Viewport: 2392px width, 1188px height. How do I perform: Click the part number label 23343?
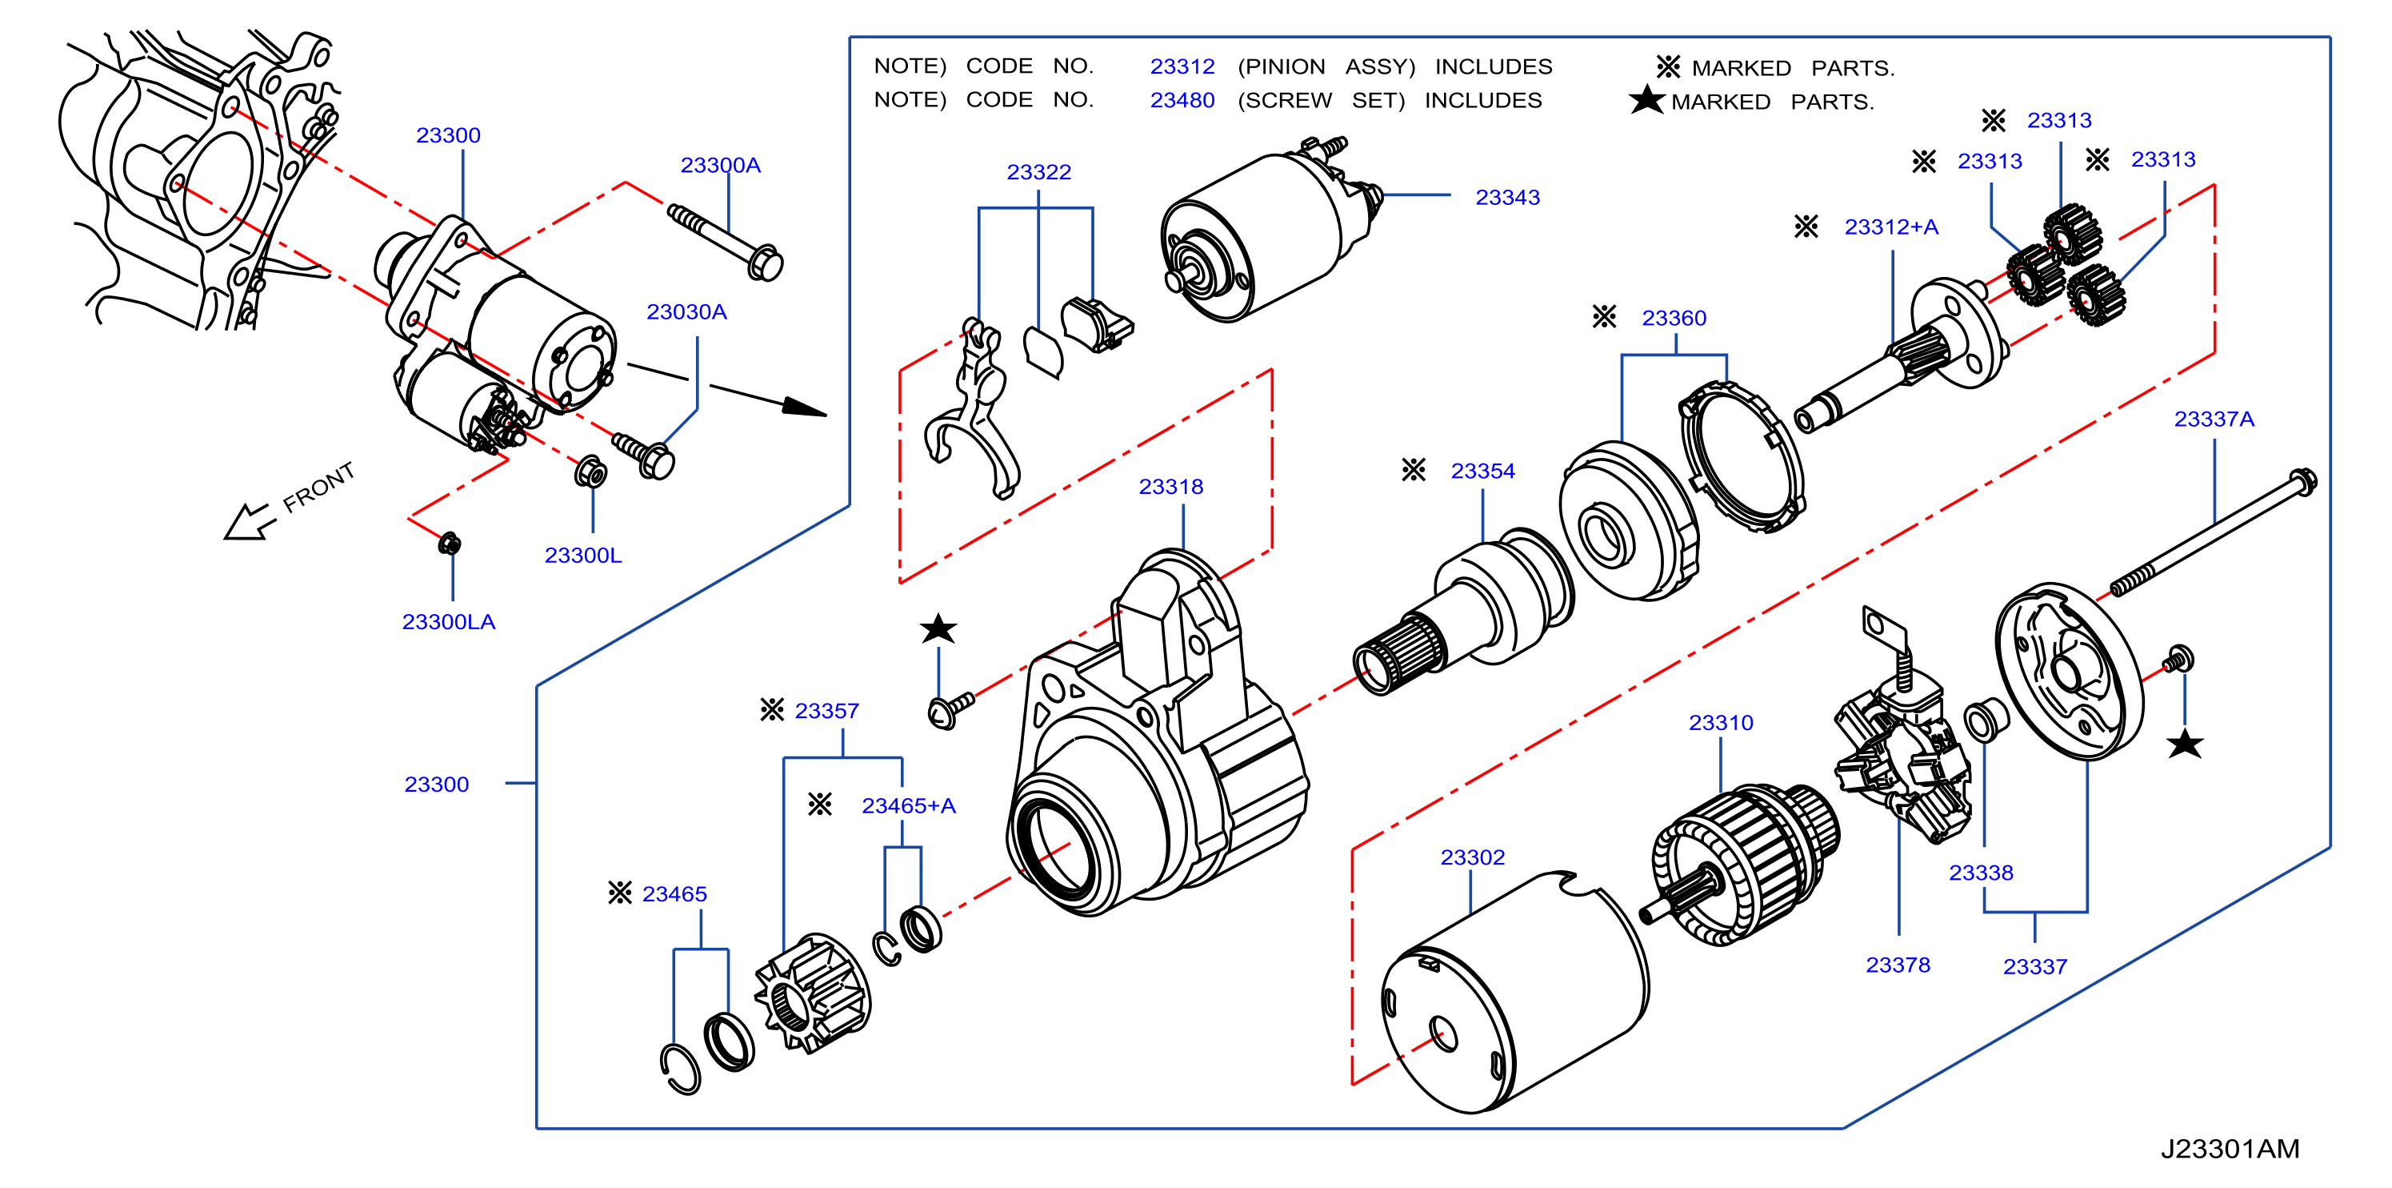(x=1507, y=197)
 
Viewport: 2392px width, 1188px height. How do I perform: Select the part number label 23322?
(x=1038, y=172)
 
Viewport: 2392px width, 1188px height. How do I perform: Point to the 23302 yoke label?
(x=1472, y=857)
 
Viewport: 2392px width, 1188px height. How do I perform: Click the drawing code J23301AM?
(x=2230, y=1148)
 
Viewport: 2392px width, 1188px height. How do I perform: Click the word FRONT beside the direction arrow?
(x=318, y=488)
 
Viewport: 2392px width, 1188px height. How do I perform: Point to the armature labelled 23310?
(x=1741, y=864)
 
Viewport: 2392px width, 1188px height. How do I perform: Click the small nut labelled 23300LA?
(x=450, y=544)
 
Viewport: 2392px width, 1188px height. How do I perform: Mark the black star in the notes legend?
(x=1646, y=99)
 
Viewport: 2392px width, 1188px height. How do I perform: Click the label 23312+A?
(x=1890, y=227)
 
